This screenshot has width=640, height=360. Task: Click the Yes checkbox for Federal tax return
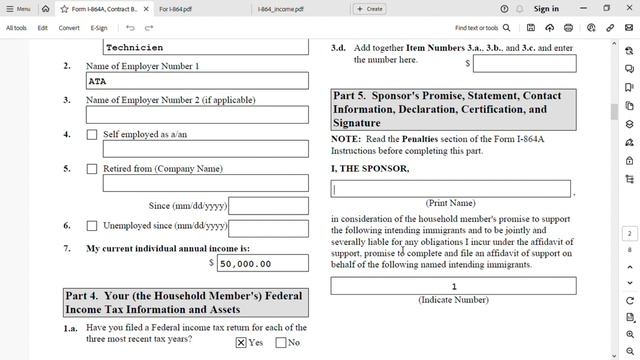[x=241, y=342]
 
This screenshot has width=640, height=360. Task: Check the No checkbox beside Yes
[x=280, y=342]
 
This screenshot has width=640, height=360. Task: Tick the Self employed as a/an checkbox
[x=92, y=135]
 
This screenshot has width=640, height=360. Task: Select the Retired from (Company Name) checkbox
[x=92, y=169]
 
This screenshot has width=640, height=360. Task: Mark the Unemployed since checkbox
[x=92, y=226]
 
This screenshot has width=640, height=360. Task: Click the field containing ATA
[x=197, y=81]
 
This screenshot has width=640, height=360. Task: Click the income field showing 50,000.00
[x=263, y=264]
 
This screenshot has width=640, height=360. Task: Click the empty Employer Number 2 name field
[x=197, y=115]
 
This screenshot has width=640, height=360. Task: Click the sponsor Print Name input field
[x=452, y=189]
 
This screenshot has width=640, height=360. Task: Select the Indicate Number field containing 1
[x=453, y=287]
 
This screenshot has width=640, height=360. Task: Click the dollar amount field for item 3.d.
[x=524, y=64]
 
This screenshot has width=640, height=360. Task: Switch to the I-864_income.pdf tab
[x=283, y=8]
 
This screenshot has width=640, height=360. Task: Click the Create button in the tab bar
[x=369, y=8]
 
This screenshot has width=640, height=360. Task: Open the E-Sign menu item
[x=99, y=28]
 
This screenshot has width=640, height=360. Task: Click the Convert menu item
[x=69, y=28]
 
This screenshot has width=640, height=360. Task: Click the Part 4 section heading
[x=185, y=303]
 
